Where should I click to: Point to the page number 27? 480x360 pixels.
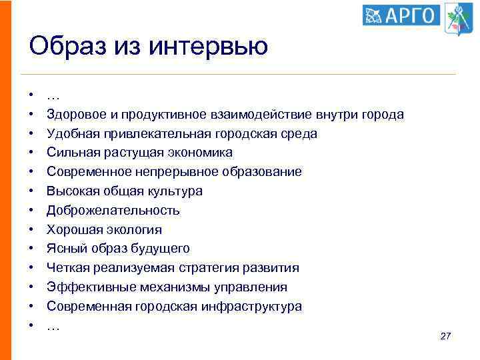446,337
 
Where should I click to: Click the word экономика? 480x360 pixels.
200,153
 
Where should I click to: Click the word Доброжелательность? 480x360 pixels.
113,211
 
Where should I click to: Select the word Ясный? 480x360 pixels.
63,249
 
